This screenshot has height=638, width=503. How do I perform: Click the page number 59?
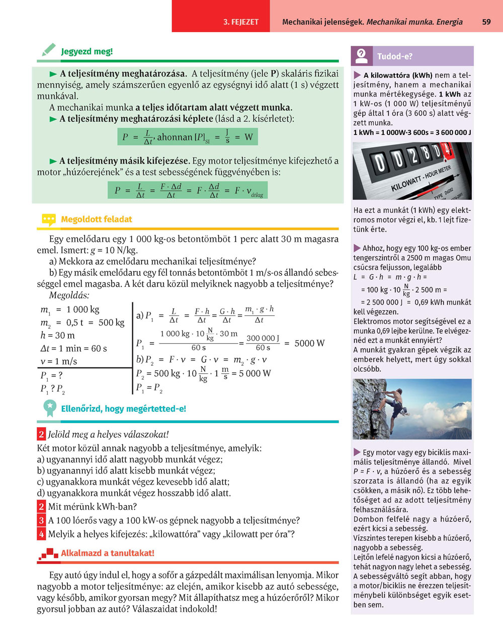coord(486,22)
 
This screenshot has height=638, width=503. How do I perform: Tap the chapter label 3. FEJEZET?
coord(241,22)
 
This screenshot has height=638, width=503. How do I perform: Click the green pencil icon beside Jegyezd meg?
coord(48,50)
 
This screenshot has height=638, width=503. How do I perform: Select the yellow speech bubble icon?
coord(48,219)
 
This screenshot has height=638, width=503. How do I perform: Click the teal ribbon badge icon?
coord(49,408)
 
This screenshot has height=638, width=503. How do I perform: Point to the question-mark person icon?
coord(361,56)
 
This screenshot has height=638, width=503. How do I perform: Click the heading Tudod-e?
coord(394,56)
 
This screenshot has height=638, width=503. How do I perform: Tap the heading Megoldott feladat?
coord(96,219)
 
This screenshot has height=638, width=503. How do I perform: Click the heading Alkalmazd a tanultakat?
coord(107,553)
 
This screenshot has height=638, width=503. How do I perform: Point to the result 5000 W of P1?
coord(309,343)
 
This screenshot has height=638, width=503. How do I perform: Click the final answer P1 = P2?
coord(149,388)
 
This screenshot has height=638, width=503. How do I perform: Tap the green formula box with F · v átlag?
coord(187,190)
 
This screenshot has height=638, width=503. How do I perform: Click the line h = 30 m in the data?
coord(57,335)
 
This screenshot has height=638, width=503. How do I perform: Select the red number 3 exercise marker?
coord(41,520)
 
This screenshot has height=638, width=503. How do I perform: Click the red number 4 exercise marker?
coord(41,534)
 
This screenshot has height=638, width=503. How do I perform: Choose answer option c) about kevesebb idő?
coord(133,482)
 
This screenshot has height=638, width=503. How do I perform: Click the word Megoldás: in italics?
coord(69,295)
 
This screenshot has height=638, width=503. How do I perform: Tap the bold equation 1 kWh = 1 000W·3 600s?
coord(412,132)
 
